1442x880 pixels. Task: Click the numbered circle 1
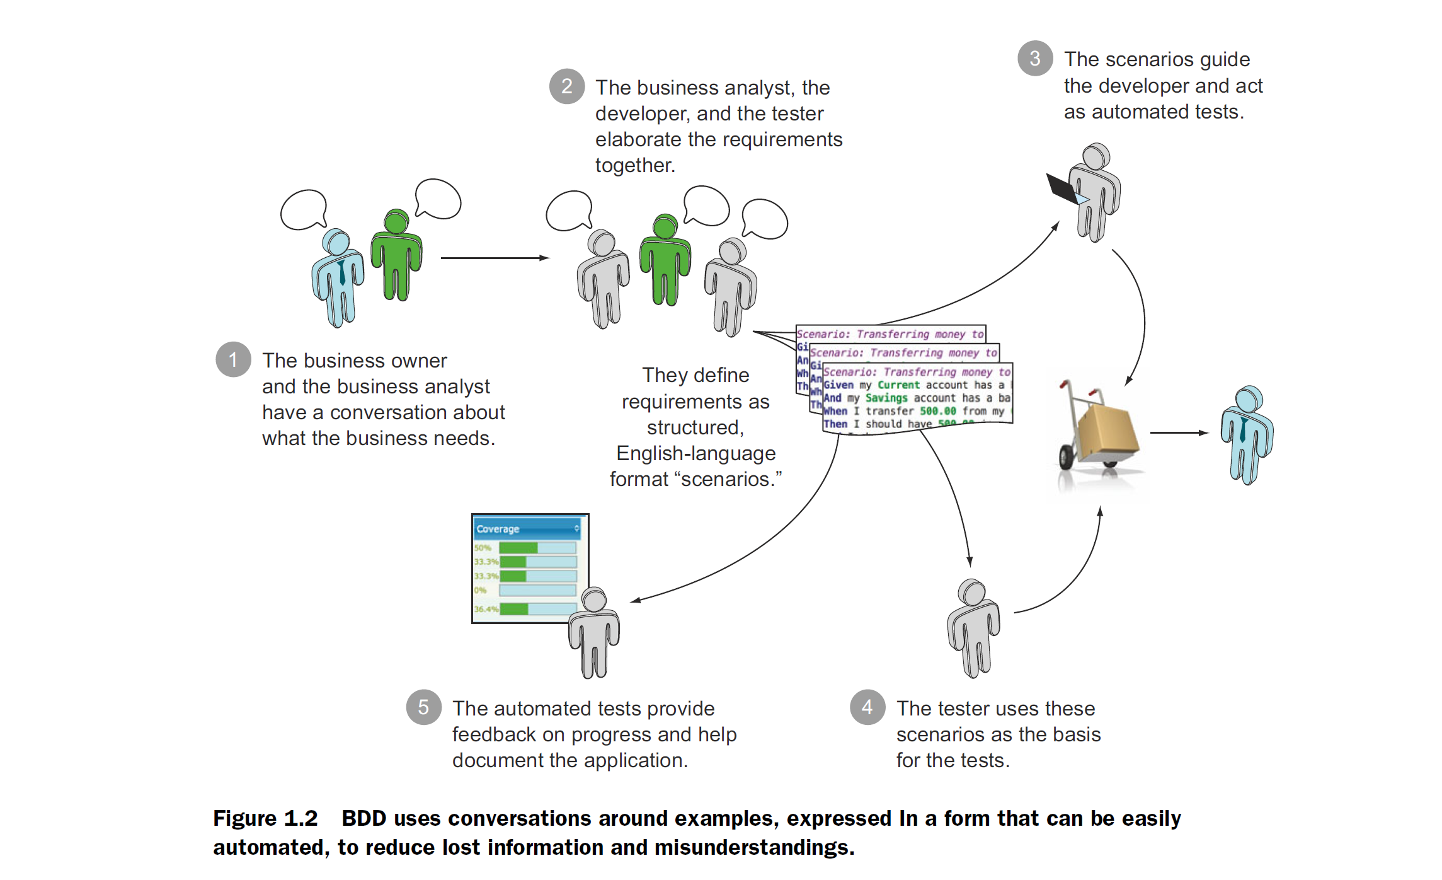pos(233,360)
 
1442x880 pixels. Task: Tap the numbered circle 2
pos(566,86)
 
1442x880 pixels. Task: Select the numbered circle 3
pos(1035,59)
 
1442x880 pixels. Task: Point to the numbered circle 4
pos(867,707)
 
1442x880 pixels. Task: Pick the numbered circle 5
pos(423,707)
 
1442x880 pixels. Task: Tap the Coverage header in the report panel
pos(498,529)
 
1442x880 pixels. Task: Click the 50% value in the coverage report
pos(483,548)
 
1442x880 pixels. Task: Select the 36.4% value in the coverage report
pos(486,609)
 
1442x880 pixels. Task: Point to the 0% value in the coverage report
pos(481,590)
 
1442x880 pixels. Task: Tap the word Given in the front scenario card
pos(838,385)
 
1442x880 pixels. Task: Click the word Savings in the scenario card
pos(886,398)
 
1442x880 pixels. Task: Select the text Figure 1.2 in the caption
pos(265,818)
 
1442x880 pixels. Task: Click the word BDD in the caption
pos(363,818)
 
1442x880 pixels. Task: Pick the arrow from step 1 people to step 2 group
pos(495,258)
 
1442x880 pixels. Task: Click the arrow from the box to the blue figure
pos(1179,432)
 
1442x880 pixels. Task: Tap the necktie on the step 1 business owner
pos(341,272)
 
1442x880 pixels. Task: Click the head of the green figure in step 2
pos(665,226)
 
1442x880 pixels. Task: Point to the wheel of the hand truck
pos(1066,457)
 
